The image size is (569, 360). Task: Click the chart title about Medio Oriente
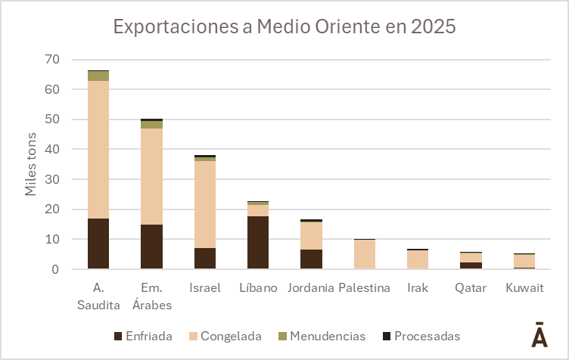tap(284, 27)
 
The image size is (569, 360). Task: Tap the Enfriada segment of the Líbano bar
tap(258, 242)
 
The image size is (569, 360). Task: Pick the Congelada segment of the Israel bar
tap(205, 204)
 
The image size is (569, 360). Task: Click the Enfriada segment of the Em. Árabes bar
tap(151, 247)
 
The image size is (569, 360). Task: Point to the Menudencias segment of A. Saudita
tap(98, 76)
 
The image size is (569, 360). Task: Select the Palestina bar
tap(365, 254)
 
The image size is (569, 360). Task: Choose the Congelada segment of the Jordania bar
tap(311, 235)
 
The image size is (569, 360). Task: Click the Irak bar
tap(418, 259)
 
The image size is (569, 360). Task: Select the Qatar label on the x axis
tap(471, 288)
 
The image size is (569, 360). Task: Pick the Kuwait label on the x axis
tap(524, 288)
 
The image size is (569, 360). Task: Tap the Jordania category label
tap(311, 288)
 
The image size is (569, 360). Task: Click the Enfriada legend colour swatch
tap(118, 336)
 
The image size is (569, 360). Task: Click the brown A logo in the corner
tap(539, 335)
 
